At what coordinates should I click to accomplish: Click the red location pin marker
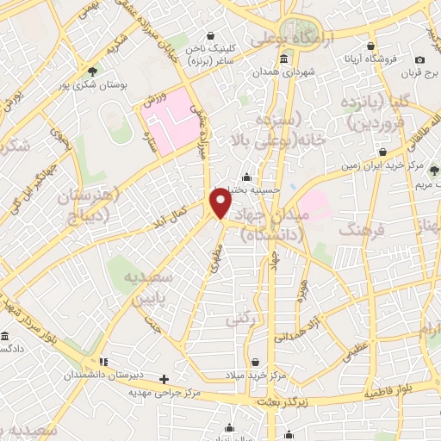coord(221,203)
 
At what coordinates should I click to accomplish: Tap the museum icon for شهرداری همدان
coord(284,59)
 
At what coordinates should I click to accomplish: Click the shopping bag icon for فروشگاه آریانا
coord(370,46)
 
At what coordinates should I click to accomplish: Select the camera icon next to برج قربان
coord(419,59)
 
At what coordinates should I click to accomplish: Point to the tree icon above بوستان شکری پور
coord(92,71)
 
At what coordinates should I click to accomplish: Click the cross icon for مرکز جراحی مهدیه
coord(165,378)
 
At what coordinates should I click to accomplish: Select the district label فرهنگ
coord(358,230)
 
